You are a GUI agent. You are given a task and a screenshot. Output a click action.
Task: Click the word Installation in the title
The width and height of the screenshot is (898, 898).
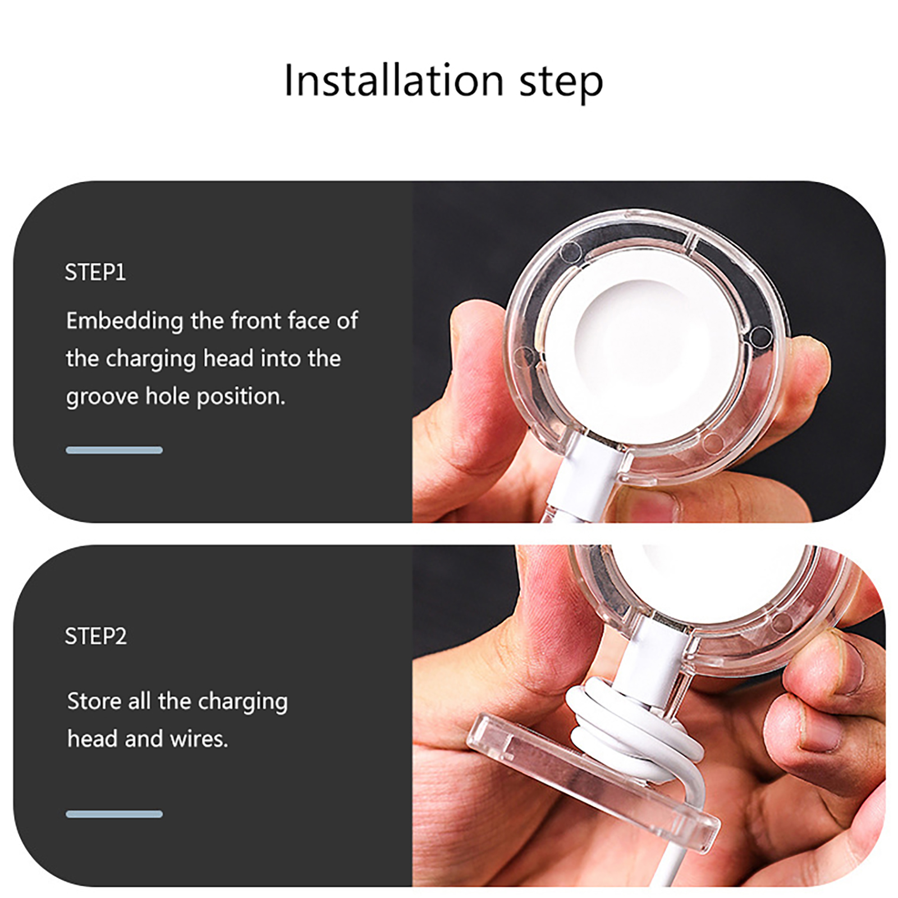tap(393, 80)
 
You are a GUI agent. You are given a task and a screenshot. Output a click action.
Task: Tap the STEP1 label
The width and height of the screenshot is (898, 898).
tap(95, 272)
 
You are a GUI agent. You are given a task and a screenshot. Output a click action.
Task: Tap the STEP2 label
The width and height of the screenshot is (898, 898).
tap(96, 636)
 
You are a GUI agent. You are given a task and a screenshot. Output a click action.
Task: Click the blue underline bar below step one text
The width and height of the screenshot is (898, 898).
tap(114, 450)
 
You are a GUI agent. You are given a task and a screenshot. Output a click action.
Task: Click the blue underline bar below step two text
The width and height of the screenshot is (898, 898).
tap(114, 814)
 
